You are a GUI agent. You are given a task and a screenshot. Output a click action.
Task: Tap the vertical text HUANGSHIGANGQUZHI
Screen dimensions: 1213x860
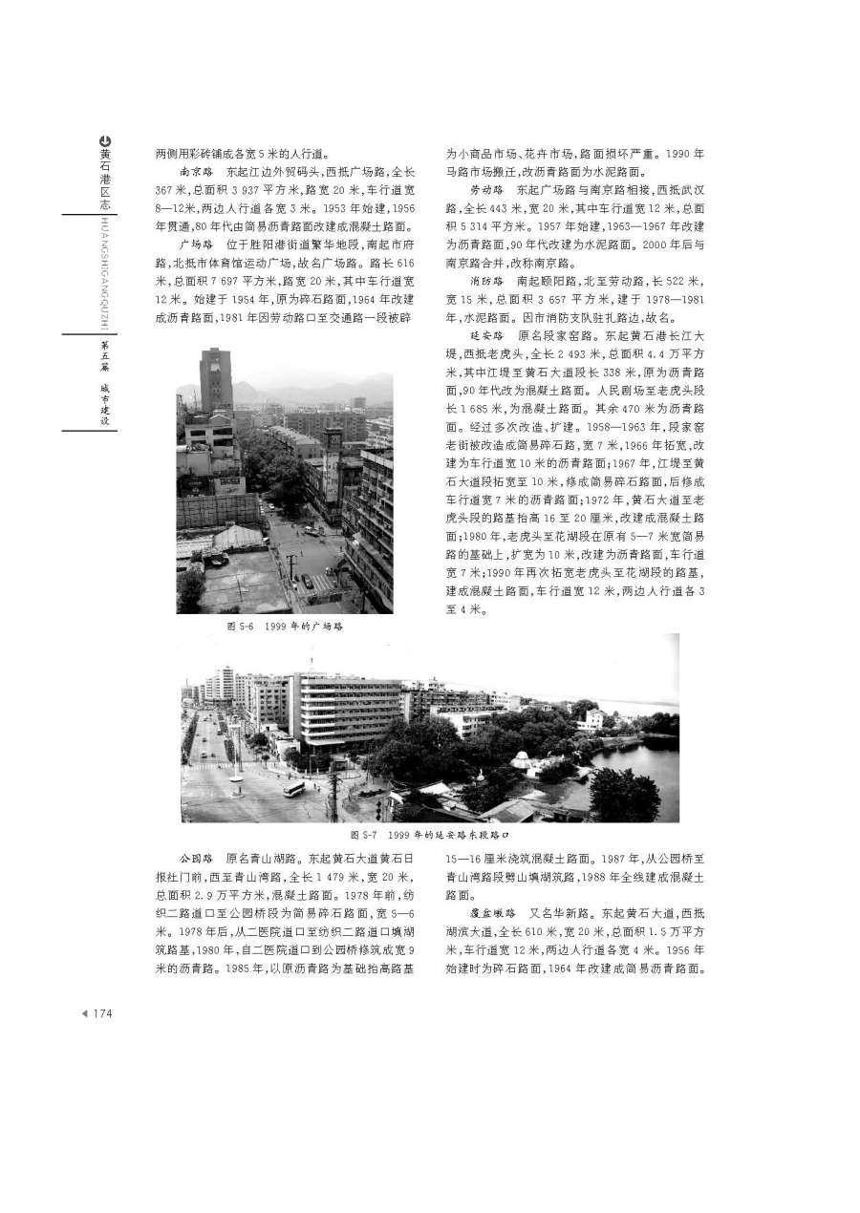click(104, 271)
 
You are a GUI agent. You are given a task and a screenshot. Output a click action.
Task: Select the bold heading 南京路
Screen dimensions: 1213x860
click(195, 173)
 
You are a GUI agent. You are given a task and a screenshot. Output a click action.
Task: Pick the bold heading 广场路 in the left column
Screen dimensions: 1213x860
click(195, 244)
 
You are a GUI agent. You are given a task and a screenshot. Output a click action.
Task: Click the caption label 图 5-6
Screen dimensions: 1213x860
click(239, 627)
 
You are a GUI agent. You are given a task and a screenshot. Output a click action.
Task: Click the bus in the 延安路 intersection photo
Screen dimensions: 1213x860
click(294, 789)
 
